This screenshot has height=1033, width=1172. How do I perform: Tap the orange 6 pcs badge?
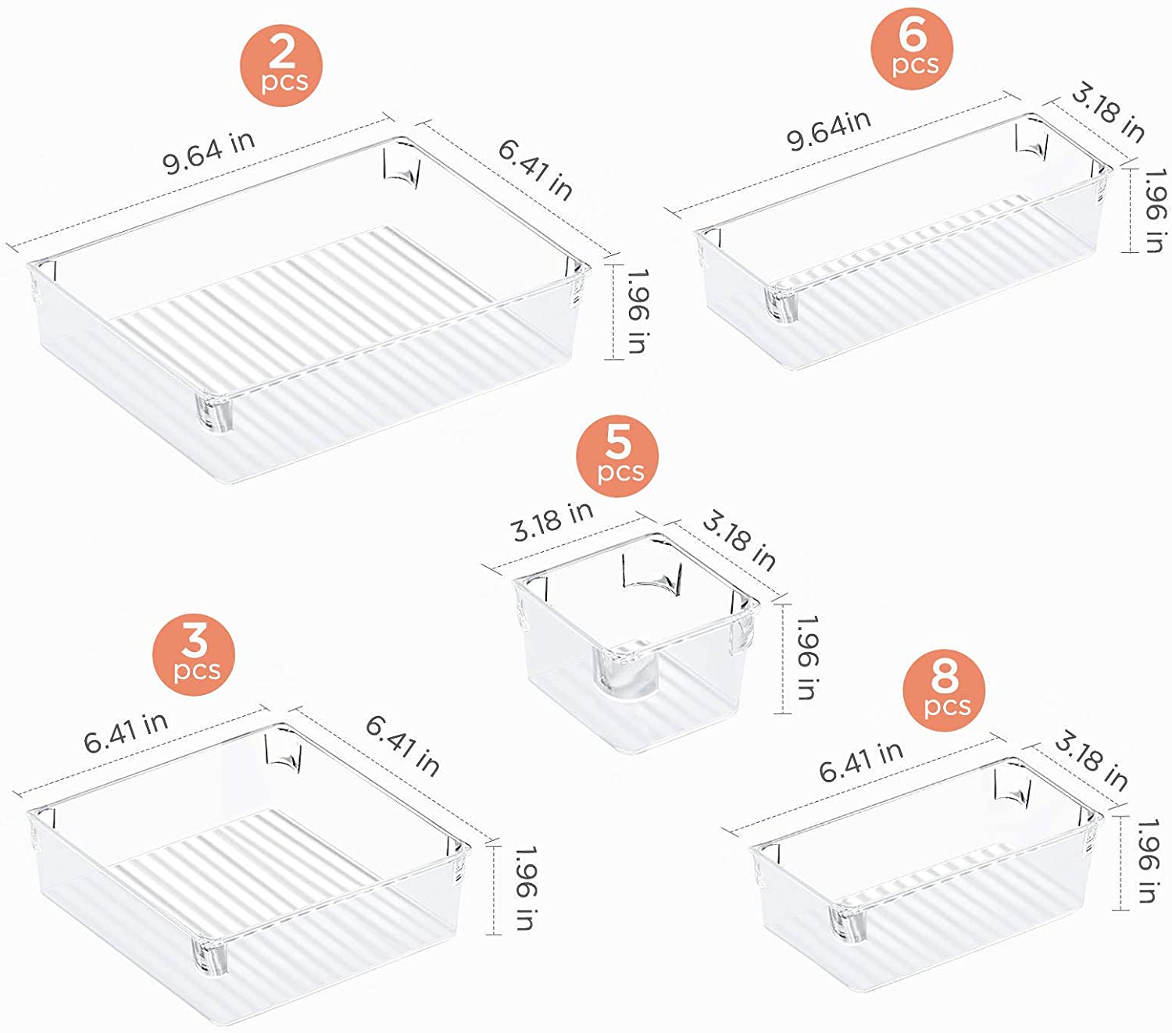coord(912,48)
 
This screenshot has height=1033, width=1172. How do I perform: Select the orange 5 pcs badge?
coord(617,456)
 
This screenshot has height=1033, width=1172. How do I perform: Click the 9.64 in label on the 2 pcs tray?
coord(209,151)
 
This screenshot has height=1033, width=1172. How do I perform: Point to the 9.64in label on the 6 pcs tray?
coord(827,130)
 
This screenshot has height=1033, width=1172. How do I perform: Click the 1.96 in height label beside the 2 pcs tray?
coord(636,311)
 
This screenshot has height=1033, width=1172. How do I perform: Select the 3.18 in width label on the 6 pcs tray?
coord(1108,113)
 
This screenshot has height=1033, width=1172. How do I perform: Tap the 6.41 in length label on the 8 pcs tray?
coord(860,761)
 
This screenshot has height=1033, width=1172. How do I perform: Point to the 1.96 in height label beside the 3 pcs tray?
coord(524,888)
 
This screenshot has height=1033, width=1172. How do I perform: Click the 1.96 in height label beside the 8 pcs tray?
coord(1146,860)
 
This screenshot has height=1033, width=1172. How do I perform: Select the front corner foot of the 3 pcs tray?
coord(209,957)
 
